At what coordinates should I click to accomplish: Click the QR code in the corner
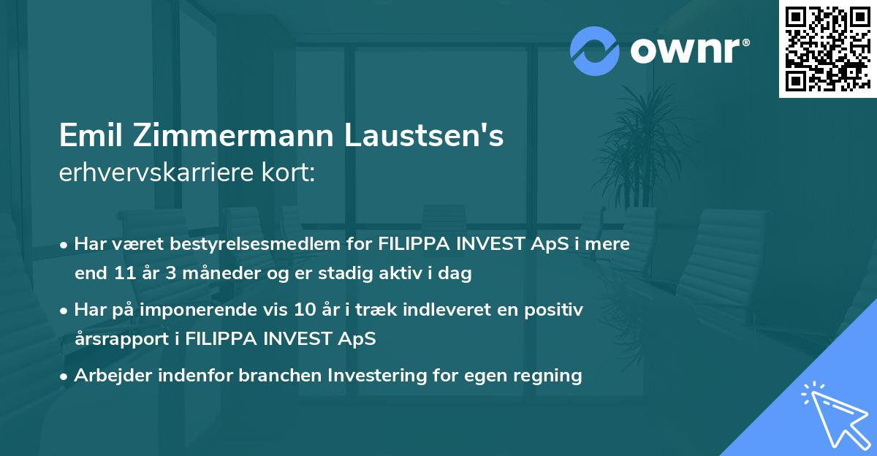827,48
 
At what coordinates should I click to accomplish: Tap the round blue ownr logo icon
595,50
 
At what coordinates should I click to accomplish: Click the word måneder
205,274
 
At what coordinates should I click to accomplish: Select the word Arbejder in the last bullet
110,376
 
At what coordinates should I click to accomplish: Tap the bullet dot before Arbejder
65,376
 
